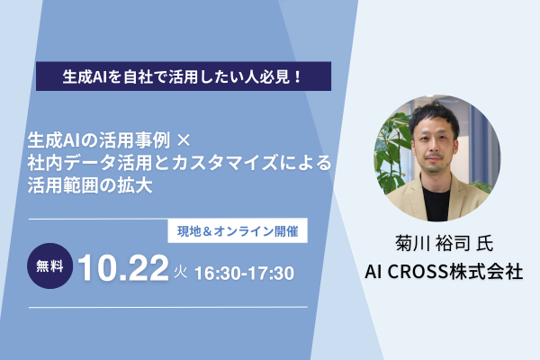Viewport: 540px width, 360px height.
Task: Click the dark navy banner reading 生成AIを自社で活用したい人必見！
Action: [184, 76]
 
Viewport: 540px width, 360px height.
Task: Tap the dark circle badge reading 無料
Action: [49, 266]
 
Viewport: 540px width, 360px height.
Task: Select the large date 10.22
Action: [123, 268]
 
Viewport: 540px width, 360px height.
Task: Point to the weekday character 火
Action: [181, 272]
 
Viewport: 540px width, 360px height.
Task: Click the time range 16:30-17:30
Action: [245, 274]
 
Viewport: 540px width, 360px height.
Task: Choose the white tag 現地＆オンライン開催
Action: [238, 230]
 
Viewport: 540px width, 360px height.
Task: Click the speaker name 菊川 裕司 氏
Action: [445, 244]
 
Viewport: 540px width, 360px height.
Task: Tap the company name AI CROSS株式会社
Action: [444, 272]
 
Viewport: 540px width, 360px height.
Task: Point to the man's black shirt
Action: [436, 203]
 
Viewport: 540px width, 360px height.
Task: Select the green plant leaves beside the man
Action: [392, 155]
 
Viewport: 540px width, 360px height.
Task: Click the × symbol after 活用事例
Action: [183, 140]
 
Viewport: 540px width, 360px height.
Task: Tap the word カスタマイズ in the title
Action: [225, 163]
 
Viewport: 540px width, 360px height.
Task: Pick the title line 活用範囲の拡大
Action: [90, 185]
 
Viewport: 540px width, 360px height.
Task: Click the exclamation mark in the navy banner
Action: [298, 76]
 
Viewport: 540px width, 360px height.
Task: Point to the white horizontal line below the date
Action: [168, 307]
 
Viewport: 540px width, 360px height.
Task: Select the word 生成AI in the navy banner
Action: [83, 76]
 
